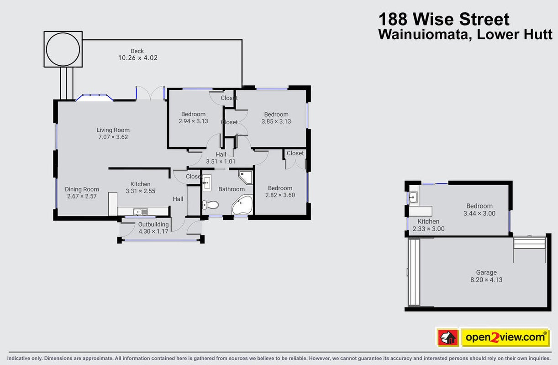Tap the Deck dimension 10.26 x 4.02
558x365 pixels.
click(138, 58)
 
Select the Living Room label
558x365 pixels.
click(113, 130)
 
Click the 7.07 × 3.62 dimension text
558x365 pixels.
click(113, 137)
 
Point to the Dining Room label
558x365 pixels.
click(82, 189)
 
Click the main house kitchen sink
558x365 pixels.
click(140, 212)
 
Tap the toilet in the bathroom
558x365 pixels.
click(211, 205)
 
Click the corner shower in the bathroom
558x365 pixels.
click(246, 177)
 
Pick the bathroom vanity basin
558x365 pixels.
click(206, 183)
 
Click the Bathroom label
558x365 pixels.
click(232, 189)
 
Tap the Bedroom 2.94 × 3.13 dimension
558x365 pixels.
click(193, 121)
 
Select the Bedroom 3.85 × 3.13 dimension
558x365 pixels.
click(276, 121)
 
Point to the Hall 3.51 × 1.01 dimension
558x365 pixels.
click(221, 162)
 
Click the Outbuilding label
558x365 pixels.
click(153, 224)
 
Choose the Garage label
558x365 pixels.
click(486, 272)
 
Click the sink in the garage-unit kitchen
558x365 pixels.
click(413, 198)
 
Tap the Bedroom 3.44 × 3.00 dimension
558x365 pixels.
click(479, 214)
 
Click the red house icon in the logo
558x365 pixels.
click(448, 338)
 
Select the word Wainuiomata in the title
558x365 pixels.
click(423, 34)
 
